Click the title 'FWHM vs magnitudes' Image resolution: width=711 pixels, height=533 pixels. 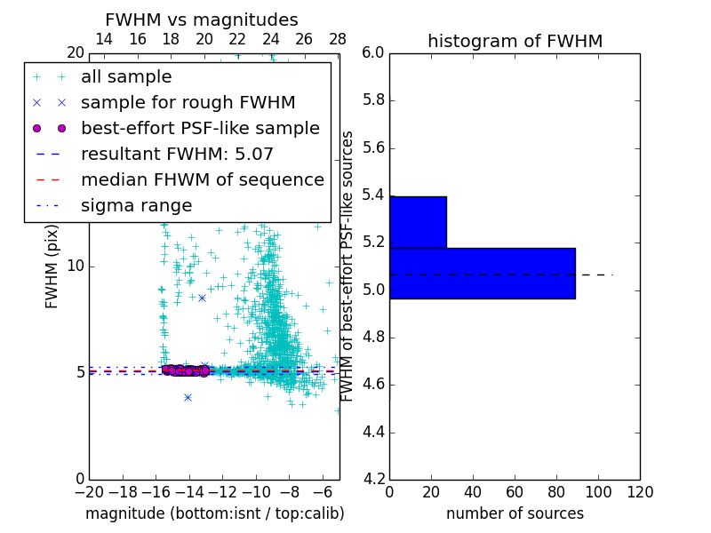pyautogui.click(x=202, y=20)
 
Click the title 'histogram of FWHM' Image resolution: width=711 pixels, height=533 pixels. pyautogui.click(x=515, y=41)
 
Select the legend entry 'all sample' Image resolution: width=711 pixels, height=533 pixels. pyautogui.click(x=126, y=77)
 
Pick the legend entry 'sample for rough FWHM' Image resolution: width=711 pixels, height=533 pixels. pyautogui.click(x=188, y=102)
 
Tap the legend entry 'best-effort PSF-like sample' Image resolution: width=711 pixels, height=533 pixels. pyautogui.click(x=200, y=128)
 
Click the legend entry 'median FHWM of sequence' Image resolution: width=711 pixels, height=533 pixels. pyautogui.click(x=202, y=179)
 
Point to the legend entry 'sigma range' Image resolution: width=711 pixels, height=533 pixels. pyautogui.click(x=136, y=205)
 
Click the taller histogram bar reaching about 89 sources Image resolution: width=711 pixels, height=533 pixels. pyautogui.click(x=482, y=273)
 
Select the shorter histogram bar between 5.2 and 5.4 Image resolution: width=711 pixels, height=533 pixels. pyautogui.click(x=418, y=222)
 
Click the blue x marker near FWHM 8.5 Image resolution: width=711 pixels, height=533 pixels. pyautogui.click(x=202, y=298)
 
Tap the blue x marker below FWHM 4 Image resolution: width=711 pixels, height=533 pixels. pyautogui.click(x=188, y=397)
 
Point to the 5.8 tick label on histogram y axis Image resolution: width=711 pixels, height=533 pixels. pyautogui.click(x=373, y=100)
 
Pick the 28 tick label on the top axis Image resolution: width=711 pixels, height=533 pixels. pyautogui.click(x=338, y=39)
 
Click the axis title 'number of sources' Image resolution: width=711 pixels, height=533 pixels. pyautogui.click(x=515, y=513)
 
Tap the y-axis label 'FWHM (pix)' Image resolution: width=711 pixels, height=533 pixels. pyautogui.click(x=52, y=266)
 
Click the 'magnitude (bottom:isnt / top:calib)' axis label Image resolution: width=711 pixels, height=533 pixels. pyautogui.click(x=214, y=513)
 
